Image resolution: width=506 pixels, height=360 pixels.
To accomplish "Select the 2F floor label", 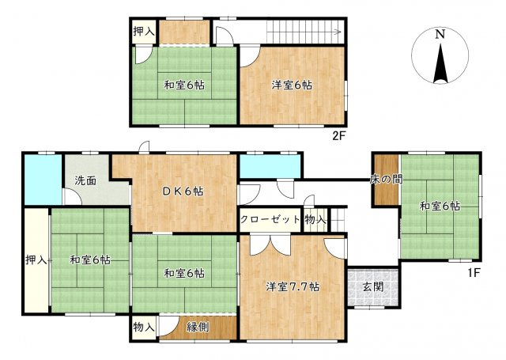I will [x=339, y=135].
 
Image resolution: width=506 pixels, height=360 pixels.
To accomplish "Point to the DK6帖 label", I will [x=183, y=191].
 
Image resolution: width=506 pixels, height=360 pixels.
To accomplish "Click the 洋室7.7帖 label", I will [x=292, y=287].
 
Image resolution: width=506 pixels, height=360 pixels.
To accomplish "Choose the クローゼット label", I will [x=270, y=219].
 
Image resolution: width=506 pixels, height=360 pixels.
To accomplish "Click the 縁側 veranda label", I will [x=198, y=326].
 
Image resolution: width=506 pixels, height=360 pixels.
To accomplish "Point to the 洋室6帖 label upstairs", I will [x=292, y=85].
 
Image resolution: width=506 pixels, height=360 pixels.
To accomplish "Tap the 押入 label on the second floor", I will [x=145, y=32].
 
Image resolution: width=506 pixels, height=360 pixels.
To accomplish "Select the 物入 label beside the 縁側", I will [x=144, y=326].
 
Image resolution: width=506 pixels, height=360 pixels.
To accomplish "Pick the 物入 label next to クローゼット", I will [x=315, y=219].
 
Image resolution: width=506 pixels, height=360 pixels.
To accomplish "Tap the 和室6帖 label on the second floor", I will [x=184, y=85].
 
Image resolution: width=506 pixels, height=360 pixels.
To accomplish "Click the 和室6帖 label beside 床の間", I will [x=440, y=207].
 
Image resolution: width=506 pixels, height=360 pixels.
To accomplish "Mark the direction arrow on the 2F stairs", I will [x=338, y=32].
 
